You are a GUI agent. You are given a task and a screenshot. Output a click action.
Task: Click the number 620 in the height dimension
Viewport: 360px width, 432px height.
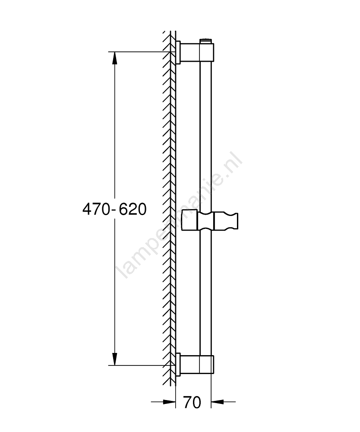(x=133, y=209)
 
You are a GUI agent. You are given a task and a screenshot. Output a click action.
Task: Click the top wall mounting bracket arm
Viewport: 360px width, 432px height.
(x=190, y=52)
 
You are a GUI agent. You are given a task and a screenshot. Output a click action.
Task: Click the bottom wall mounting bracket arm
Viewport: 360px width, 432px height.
(x=190, y=365)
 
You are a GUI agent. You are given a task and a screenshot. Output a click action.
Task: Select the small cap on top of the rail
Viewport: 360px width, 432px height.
(x=206, y=41)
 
